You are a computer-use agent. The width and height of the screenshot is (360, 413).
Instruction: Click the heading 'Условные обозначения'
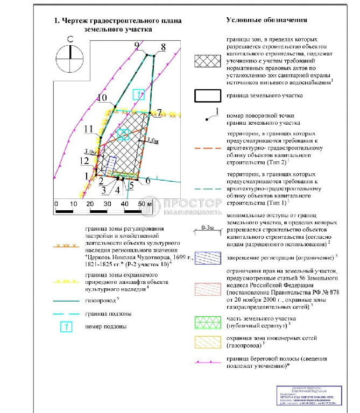[266, 20]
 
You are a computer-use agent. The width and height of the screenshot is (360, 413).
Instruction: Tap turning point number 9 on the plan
[137, 45]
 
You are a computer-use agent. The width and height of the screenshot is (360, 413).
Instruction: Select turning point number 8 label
[163, 46]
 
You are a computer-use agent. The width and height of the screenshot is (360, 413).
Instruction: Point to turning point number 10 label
[102, 98]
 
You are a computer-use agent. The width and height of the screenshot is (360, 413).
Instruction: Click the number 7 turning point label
[159, 112]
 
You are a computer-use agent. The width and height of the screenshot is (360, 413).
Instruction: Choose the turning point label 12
[83, 161]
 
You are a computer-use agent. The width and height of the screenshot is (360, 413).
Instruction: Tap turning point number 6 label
[146, 181]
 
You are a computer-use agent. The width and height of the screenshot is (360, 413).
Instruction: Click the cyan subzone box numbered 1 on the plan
[139, 95]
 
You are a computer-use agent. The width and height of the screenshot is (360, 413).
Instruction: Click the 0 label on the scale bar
[56, 204]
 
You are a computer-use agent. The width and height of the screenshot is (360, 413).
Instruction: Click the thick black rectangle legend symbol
[207, 95]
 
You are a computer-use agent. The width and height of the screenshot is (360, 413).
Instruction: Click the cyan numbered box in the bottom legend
[65, 326]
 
